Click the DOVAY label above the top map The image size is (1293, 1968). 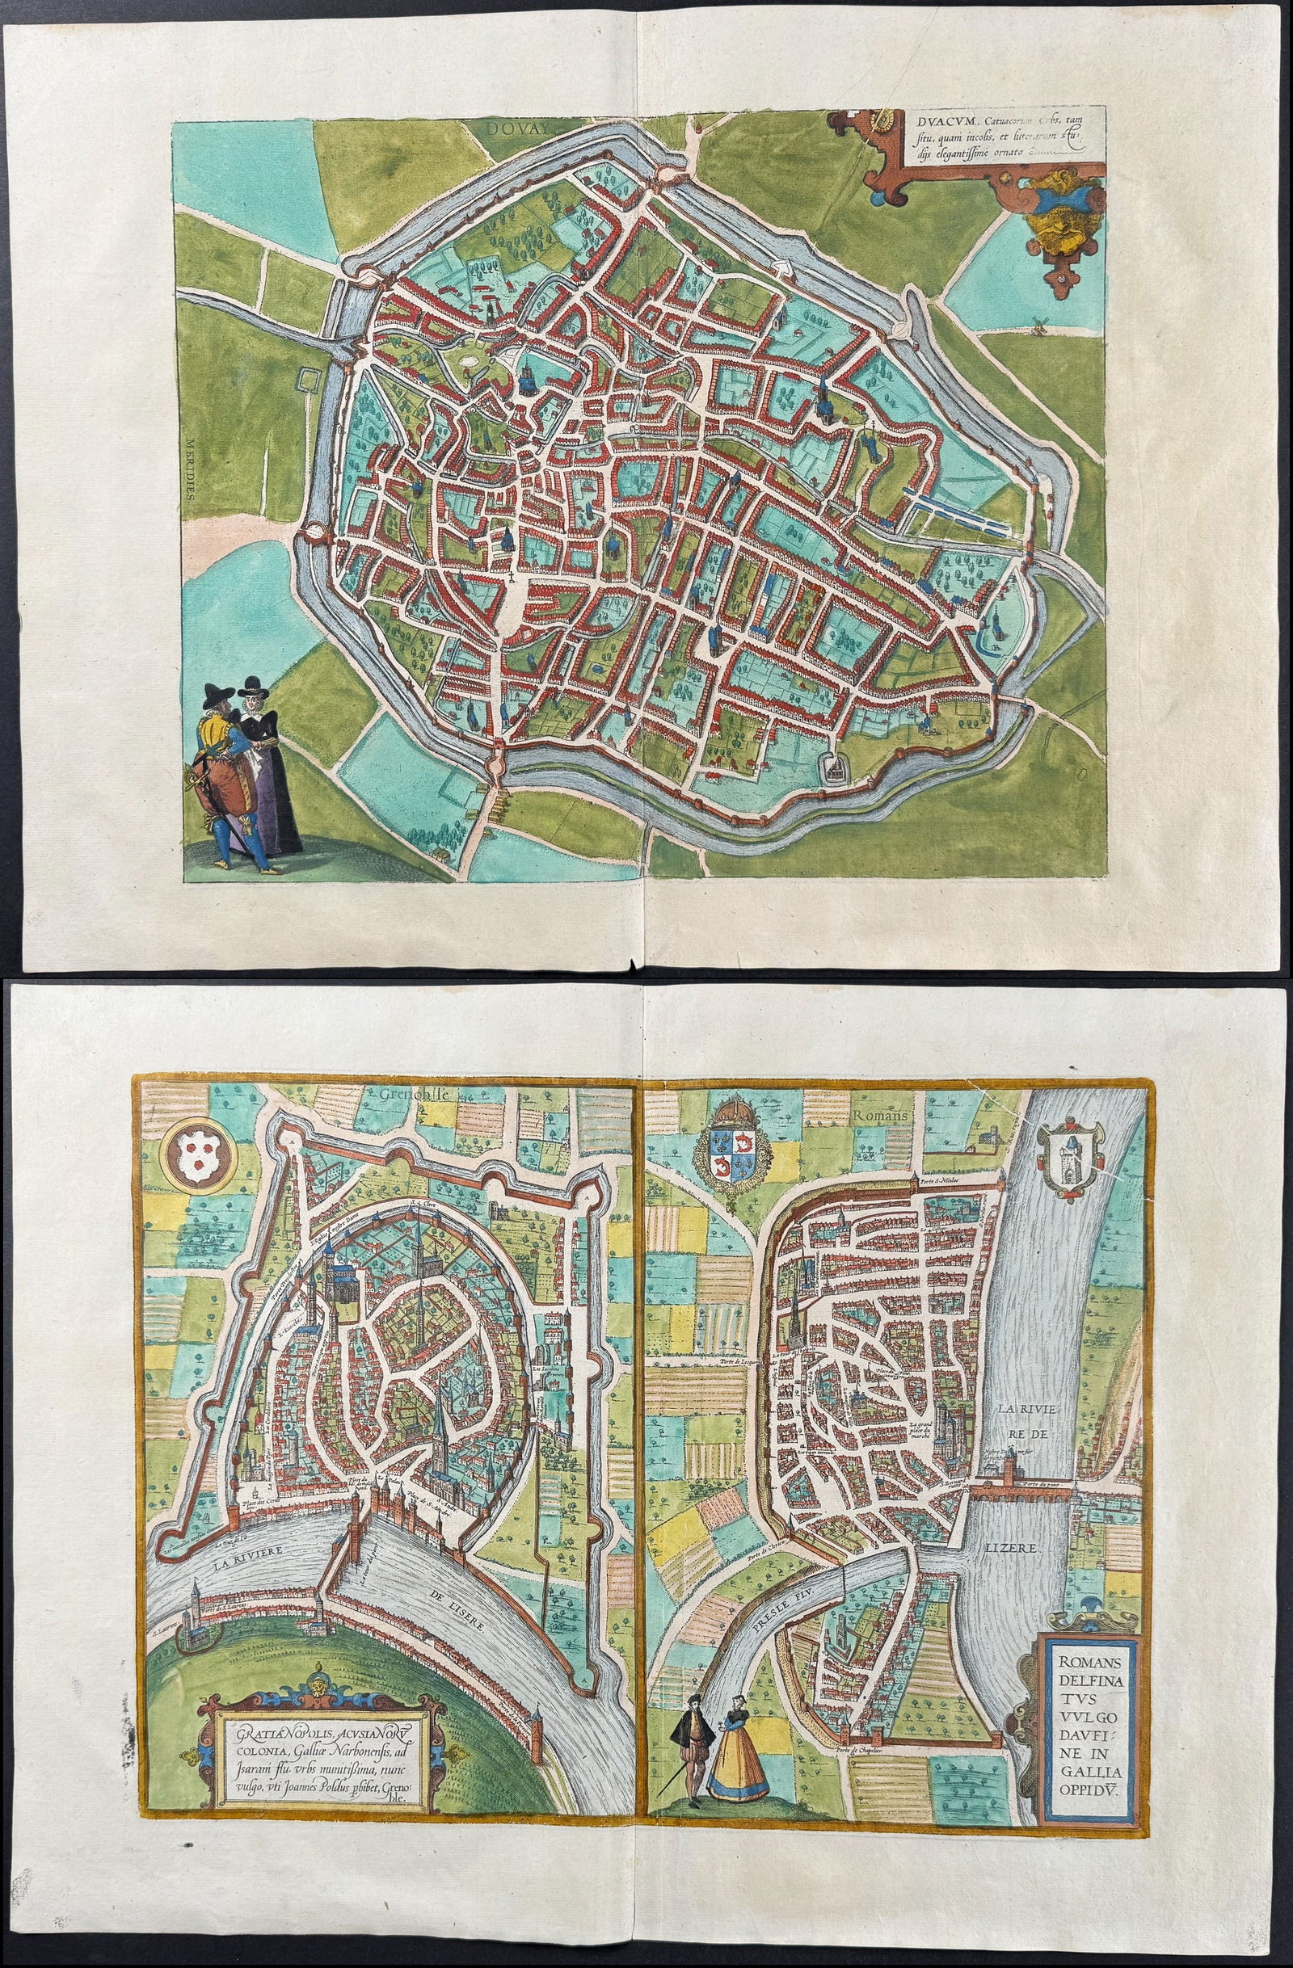pos(516,129)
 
